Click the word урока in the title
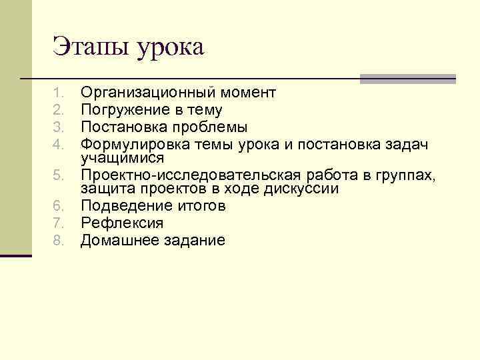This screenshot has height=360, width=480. [x=170, y=48]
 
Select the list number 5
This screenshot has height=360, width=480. [x=58, y=175]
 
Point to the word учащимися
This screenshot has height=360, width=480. [x=122, y=157]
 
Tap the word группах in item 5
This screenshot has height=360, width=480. [x=405, y=175]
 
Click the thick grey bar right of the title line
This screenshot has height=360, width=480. [x=407, y=79]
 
